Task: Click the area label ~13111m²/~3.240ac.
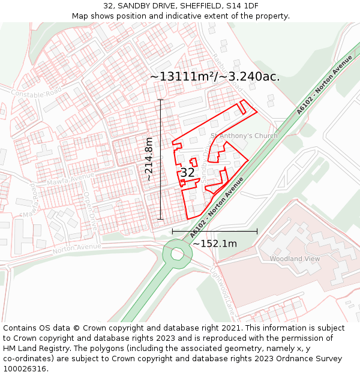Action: point(214,76)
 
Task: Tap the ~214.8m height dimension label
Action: point(149,159)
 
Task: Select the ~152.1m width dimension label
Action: point(214,244)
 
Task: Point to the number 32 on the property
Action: point(187,173)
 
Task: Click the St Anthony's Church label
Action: point(244,136)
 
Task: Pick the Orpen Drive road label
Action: point(90,210)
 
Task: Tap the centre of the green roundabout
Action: point(178,253)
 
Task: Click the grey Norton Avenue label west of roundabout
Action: point(77,247)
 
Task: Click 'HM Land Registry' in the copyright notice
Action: point(37,347)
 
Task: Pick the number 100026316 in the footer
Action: point(24,368)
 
